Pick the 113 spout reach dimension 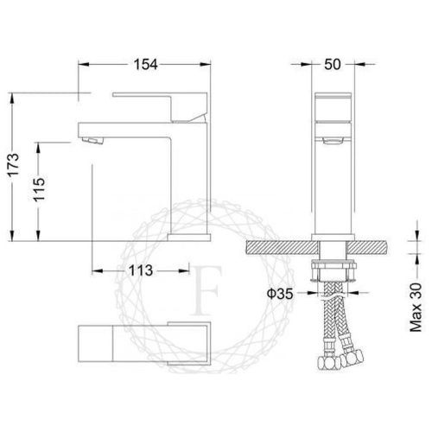(x=141, y=270)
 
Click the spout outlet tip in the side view (x=90, y=137)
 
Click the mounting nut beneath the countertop (x=332, y=264)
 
